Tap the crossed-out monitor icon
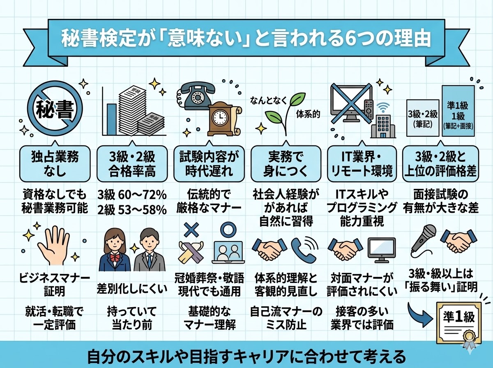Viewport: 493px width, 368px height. point(349,103)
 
